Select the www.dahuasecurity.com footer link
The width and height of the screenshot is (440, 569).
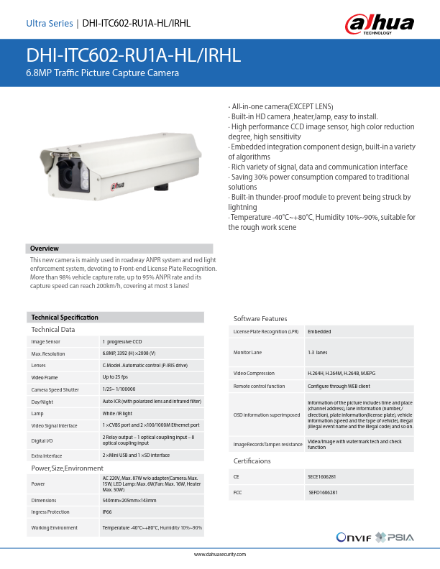pos(220,555)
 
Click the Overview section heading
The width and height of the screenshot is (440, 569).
pos(44,248)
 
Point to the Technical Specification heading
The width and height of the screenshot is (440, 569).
pos(65,317)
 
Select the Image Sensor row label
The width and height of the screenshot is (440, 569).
pos(46,342)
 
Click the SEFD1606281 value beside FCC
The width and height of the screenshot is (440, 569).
pos(324,493)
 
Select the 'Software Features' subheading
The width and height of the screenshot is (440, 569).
pos(260,318)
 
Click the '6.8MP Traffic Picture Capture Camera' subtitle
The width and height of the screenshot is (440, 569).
pos(102,73)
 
